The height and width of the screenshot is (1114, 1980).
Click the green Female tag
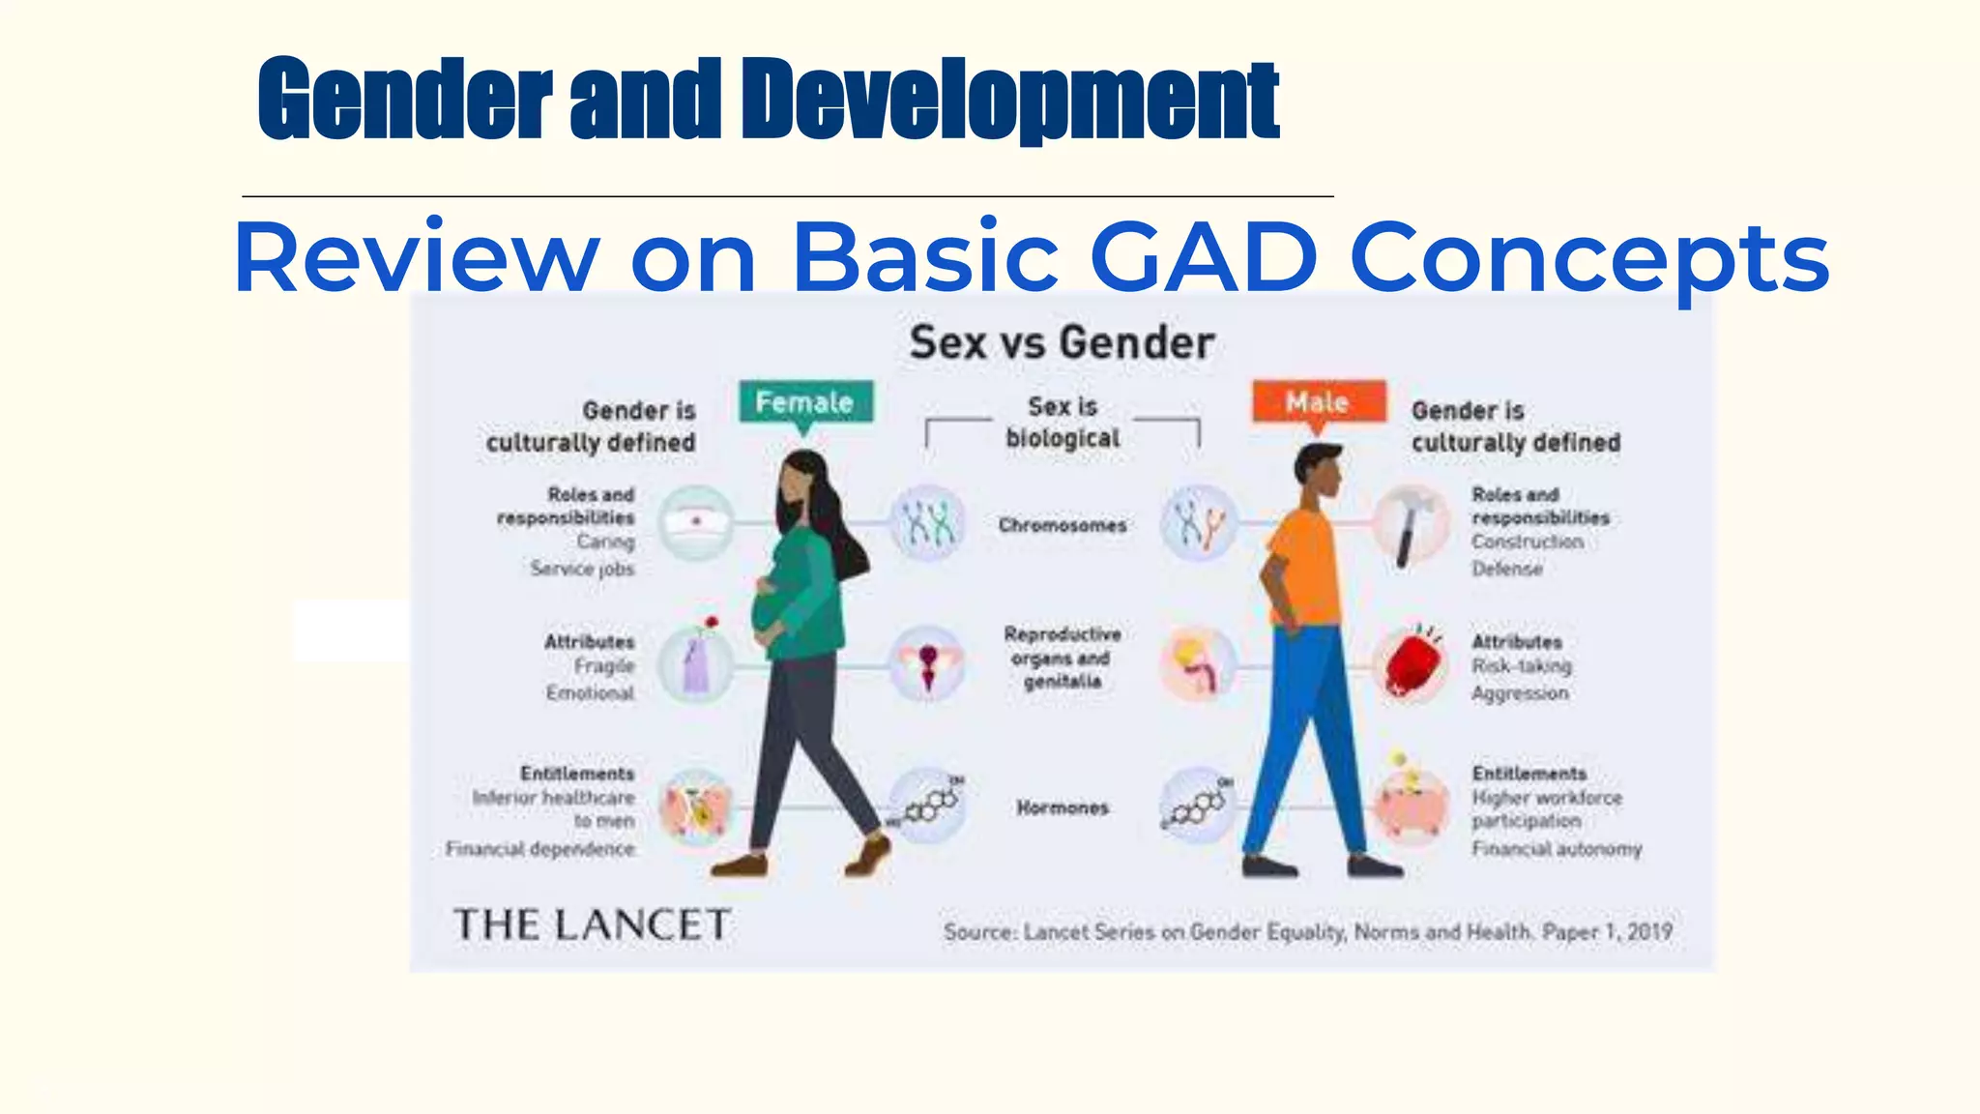[x=805, y=402]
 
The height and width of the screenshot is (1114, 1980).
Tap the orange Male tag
[x=1318, y=401]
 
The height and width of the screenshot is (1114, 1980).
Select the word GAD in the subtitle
[x=1204, y=257]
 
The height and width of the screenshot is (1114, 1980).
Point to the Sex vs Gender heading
[x=1062, y=343]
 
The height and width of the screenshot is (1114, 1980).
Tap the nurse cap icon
[x=695, y=523]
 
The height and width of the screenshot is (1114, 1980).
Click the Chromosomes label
[x=1063, y=526]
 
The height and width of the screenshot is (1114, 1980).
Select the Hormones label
[x=1062, y=807]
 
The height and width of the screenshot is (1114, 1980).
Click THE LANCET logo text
[x=592, y=925]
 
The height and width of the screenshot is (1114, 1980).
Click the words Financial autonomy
[x=1557, y=849]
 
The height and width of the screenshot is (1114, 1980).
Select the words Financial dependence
[x=539, y=849]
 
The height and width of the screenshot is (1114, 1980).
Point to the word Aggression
[x=1520, y=693]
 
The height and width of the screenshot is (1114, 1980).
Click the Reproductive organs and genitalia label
[x=1062, y=658]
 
